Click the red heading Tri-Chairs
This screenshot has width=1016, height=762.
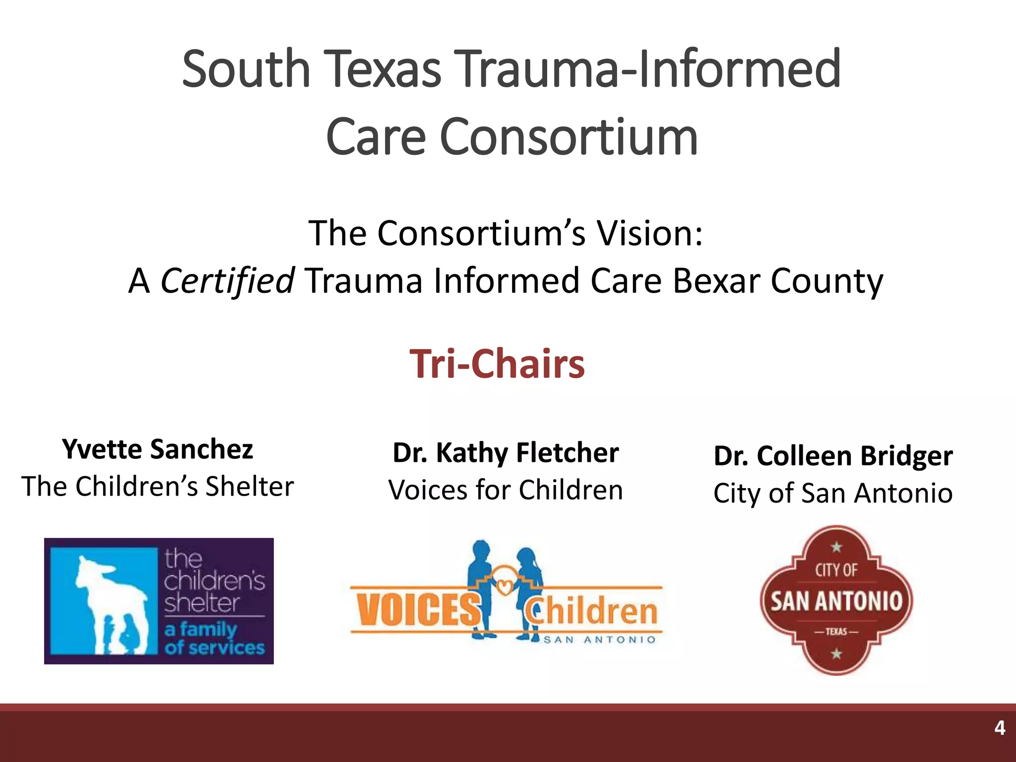point(497,364)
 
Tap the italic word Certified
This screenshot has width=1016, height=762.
point(228,281)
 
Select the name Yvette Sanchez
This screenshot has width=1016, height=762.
point(158,449)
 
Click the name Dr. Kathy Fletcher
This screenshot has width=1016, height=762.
point(506,452)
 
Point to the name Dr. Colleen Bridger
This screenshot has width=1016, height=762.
point(833,455)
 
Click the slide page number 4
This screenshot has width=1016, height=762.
point(1000,728)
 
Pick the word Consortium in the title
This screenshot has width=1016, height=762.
point(569,136)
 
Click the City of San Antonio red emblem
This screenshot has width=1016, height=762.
point(836,600)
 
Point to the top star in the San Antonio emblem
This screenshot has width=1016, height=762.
point(836,547)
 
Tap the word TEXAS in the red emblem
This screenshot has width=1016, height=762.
point(836,632)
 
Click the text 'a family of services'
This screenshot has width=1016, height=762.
point(214,638)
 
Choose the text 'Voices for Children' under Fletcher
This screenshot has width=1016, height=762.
point(506,490)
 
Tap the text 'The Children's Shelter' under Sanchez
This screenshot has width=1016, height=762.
point(158,486)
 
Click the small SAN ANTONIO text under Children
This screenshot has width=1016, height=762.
point(599,640)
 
